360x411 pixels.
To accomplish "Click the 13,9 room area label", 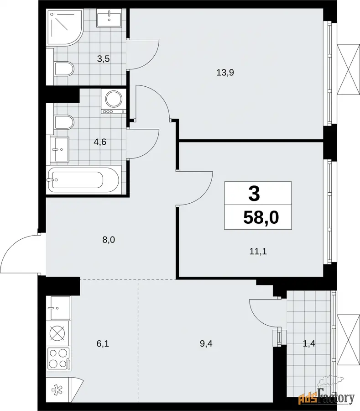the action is [x=225, y=72].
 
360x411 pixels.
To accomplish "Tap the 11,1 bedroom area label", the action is [x=258, y=252].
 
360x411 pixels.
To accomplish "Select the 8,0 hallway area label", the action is [x=109, y=240].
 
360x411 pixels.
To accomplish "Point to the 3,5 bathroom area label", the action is [x=104, y=59].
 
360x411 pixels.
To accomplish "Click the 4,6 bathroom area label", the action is [x=100, y=142].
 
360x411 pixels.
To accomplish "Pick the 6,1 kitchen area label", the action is [x=103, y=343].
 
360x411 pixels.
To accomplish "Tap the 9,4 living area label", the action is [x=206, y=343].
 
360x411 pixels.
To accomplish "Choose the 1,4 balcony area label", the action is [x=309, y=343].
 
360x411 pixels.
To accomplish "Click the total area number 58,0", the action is [x=261, y=217].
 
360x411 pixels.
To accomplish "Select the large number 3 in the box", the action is [x=254, y=194].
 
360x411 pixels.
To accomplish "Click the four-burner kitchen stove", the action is [x=59, y=358].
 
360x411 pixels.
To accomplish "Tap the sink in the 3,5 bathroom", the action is [x=109, y=17].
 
